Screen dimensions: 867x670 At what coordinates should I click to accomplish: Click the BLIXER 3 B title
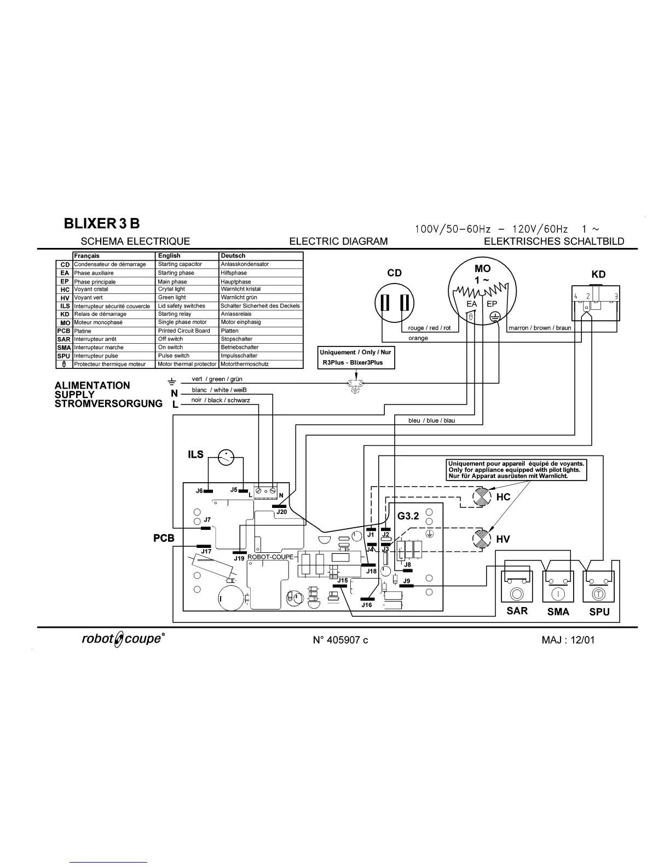(102, 224)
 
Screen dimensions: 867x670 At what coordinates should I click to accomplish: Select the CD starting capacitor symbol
(394, 302)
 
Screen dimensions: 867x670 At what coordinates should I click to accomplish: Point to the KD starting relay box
(595, 303)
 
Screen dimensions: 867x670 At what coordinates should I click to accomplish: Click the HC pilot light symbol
(482, 498)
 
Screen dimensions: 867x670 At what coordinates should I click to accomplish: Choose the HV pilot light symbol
(482, 540)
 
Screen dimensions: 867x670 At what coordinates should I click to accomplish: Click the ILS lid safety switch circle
(226, 458)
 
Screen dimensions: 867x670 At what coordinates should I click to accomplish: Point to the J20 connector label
(281, 512)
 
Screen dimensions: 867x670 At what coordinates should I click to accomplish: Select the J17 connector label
(206, 552)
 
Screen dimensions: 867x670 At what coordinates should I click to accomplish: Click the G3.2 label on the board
(408, 516)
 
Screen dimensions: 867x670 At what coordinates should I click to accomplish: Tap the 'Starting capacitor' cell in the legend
(180, 264)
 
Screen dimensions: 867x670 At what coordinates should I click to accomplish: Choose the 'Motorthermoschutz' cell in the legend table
(245, 364)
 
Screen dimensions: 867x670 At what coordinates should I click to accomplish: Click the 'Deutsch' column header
(233, 256)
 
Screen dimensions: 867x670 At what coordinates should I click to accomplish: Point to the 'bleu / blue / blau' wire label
(431, 420)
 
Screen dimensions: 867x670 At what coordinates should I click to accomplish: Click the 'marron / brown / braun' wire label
(540, 328)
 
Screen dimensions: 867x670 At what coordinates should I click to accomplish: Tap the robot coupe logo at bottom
(121, 639)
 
